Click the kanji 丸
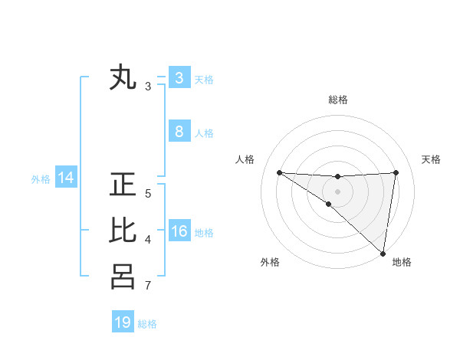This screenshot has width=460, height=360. (x=123, y=78)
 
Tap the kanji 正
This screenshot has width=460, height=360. (x=123, y=185)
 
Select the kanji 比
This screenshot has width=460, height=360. (x=123, y=231)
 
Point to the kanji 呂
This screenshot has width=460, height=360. (x=123, y=277)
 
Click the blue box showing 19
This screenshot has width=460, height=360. (x=123, y=322)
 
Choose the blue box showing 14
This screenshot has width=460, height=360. (x=66, y=178)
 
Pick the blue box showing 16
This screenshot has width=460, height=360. (x=179, y=232)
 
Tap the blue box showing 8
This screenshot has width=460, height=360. (x=179, y=132)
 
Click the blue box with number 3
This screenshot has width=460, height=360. (x=179, y=78)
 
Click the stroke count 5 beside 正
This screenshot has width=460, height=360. (x=148, y=194)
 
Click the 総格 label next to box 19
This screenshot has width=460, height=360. (x=147, y=324)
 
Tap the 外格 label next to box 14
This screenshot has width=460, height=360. (x=41, y=179)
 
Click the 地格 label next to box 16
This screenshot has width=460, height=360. (x=204, y=233)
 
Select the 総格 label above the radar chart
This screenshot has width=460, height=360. (x=337, y=100)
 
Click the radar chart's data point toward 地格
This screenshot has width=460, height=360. (x=382, y=253)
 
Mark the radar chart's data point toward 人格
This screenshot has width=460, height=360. (x=279, y=172)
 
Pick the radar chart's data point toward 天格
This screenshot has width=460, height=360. (x=396, y=172)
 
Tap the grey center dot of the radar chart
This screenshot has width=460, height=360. (x=337, y=191)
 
